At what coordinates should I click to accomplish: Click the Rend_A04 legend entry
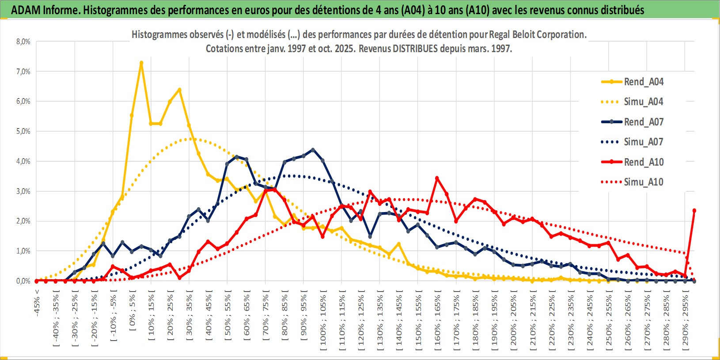tap(643, 82)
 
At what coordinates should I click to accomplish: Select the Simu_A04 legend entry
tap(643, 102)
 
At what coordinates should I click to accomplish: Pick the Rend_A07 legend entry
tap(643, 122)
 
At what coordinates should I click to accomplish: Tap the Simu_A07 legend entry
tap(643, 142)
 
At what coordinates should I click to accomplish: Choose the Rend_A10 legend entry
tap(643, 162)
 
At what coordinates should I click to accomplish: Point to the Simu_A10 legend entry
tap(643, 182)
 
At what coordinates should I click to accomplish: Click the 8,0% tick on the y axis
tap(23, 42)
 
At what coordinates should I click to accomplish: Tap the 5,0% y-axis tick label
tap(23, 131)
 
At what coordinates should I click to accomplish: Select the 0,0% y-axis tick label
tap(23, 281)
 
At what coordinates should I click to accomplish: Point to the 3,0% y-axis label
tap(23, 191)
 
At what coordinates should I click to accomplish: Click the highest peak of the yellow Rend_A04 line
tap(141, 63)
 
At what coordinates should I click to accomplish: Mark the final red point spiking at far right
tap(694, 210)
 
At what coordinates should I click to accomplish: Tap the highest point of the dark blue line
tap(313, 150)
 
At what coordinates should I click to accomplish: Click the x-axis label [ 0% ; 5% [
tap(133, 314)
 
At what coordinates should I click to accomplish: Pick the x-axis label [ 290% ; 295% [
tap(686, 320)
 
